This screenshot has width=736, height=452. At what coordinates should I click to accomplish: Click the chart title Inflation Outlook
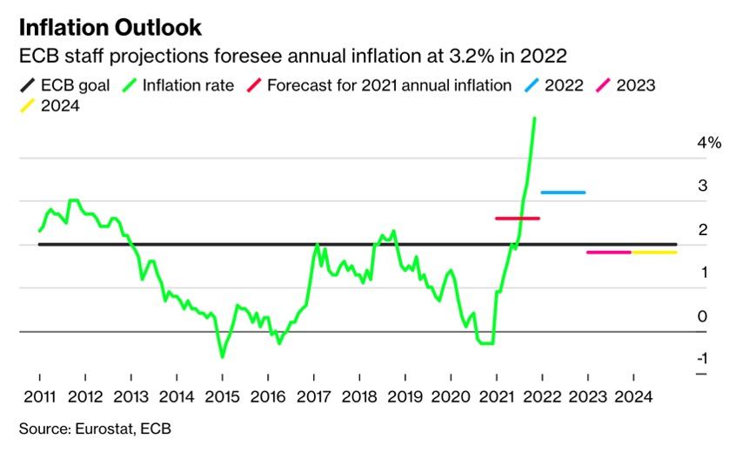[110, 28]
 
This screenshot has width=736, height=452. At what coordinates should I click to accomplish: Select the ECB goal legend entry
[64, 85]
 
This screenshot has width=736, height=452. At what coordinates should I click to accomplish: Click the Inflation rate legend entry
[177, 85]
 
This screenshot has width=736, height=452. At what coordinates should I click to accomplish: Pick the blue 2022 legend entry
[554, 85]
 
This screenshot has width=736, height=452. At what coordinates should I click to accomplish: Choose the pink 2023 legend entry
[626, 85]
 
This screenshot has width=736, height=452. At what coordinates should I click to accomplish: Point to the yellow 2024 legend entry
[50, 105]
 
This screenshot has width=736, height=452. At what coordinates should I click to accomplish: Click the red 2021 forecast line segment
[518, 219]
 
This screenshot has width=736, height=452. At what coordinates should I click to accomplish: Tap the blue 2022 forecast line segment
[563, 192]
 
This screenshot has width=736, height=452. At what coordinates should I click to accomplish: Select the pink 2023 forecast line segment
[609, 253]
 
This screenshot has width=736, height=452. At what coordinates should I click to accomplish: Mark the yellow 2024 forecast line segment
[654, 253]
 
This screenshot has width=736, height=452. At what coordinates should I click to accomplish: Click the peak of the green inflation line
[535, 118]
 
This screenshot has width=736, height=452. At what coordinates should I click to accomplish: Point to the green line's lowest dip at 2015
[222, 357]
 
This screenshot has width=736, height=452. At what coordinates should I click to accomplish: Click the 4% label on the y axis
[709, 142]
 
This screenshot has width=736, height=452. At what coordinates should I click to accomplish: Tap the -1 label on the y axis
[702, 359]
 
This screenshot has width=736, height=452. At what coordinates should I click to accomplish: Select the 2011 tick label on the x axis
[39, 397]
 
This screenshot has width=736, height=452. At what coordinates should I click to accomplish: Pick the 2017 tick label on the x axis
[313, 397]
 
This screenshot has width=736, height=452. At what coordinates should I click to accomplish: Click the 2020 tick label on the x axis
[451, 397]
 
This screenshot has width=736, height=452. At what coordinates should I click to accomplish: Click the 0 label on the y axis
[702, 317]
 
